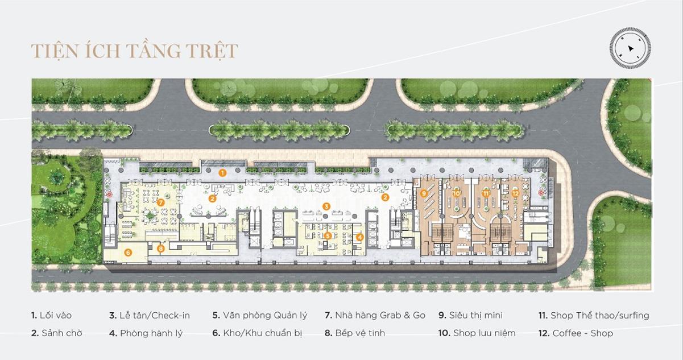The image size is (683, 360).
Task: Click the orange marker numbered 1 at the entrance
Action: click(222, 173)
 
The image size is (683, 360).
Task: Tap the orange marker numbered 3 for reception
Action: click(326, 206)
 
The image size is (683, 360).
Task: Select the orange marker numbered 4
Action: click(360, 237)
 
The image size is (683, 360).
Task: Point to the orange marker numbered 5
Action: click(328, 235)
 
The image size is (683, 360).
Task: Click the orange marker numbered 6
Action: click(128, 253)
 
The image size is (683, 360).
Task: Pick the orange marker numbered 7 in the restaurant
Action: click(161, 202)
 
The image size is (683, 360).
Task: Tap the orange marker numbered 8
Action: click(161, 249)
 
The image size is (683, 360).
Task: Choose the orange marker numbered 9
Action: click(424, 193)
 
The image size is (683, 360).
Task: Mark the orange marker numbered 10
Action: click(456, 193)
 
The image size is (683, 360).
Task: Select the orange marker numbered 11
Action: click(486, 193)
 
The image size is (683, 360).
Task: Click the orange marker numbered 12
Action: click(515, 193)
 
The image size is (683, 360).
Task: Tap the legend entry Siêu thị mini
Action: click(470, 315)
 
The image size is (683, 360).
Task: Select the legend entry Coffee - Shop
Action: click(576, 333)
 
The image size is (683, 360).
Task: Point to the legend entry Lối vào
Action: click(51, 315)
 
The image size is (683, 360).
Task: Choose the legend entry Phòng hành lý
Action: click(146, 333)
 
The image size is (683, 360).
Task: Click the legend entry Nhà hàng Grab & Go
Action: click(375, 315)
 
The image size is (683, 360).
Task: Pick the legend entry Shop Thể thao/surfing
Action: click(594, 316)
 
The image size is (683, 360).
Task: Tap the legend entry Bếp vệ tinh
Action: click(355, 333)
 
